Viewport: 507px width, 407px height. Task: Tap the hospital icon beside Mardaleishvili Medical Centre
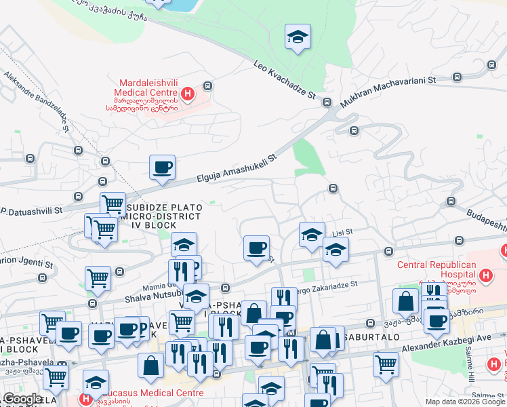tap(188, 94)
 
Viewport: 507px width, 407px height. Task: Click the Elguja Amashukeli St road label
tap(237, 169)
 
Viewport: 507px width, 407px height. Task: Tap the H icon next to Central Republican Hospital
tap(485, 275)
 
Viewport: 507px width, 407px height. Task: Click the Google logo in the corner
tap(22, 399)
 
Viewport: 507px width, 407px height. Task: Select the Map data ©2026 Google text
tap(465, 402)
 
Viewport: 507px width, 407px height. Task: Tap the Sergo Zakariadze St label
tap(325, 287)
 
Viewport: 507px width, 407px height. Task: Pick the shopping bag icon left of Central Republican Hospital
tap(405, 302)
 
